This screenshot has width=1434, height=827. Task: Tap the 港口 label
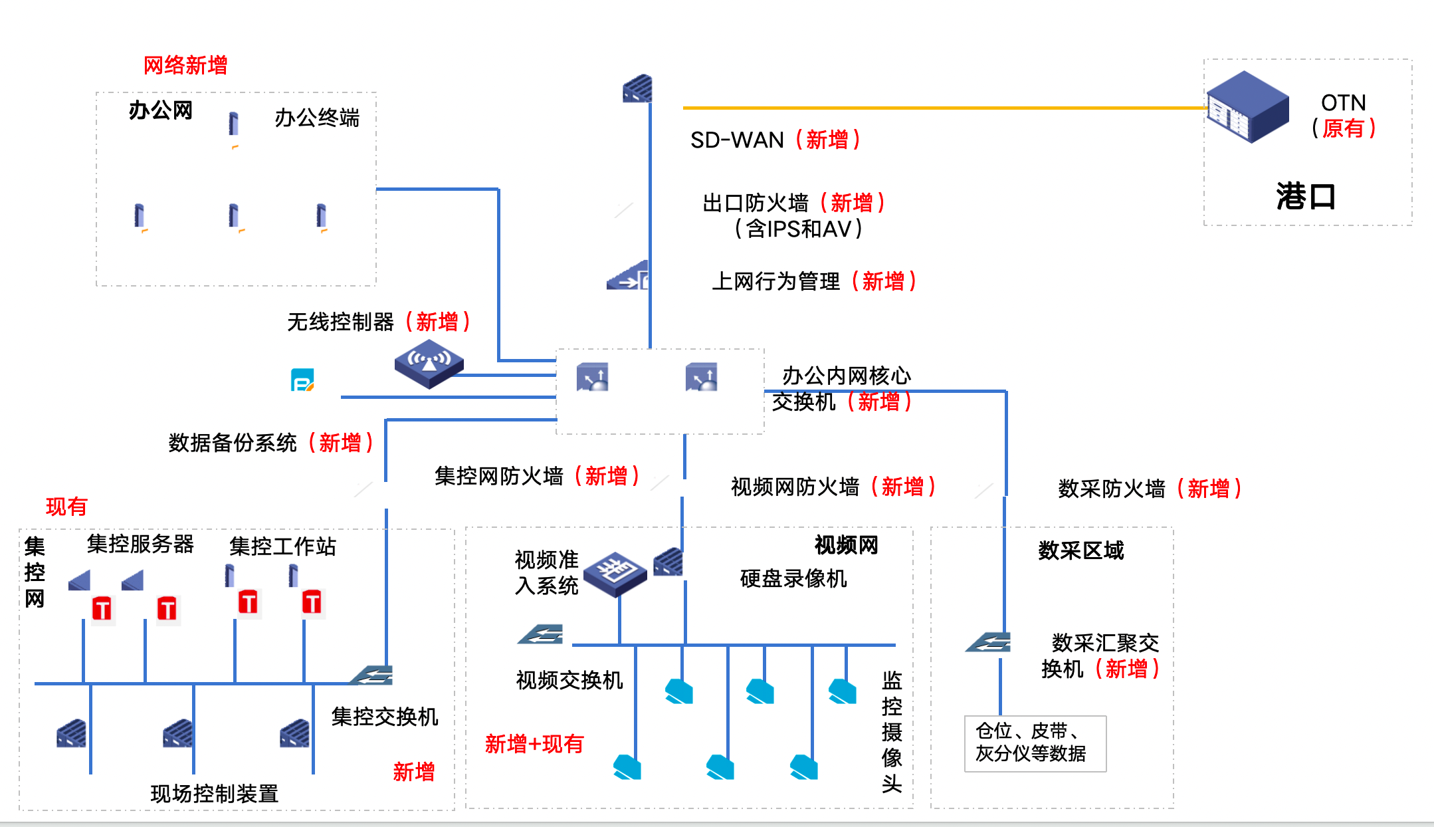coord(1305,197)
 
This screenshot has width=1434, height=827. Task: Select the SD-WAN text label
coord(737,140)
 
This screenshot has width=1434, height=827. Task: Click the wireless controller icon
coord(429,364)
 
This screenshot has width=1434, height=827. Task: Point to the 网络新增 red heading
coord(185,65)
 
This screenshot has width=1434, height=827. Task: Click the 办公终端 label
coord(317,118)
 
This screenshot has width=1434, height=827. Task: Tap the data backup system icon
coord(302,380)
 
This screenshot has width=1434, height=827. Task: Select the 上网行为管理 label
coord(775,281)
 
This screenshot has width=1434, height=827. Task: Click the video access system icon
coord(615,573)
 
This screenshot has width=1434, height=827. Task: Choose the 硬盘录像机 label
coord(793,578)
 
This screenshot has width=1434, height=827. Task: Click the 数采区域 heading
coord(1080,550)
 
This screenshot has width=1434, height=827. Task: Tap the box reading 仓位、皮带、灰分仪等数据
coord(1035,743)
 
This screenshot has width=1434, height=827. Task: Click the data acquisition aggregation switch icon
coord(989,642)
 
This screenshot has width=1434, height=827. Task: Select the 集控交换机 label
coord(384,717)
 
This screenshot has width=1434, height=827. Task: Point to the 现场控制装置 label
coord(214,794)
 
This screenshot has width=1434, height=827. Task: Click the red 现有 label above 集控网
coord(66,507)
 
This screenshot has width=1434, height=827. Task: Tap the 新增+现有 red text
coord(534,744)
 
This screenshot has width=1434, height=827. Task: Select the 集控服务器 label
coord(140,544)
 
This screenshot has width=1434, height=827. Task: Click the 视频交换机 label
coord(569,680)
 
